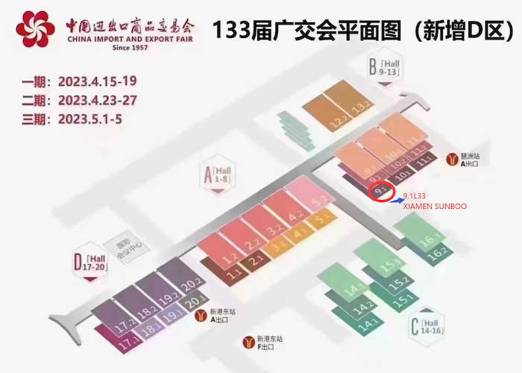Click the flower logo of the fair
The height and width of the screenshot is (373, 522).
[34, 28]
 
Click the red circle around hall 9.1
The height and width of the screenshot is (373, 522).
[381, 192]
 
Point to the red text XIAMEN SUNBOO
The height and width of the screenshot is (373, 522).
[435, 204]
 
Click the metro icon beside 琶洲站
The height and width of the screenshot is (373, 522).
[452, 158]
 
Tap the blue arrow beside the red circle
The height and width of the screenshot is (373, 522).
[396, 198]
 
